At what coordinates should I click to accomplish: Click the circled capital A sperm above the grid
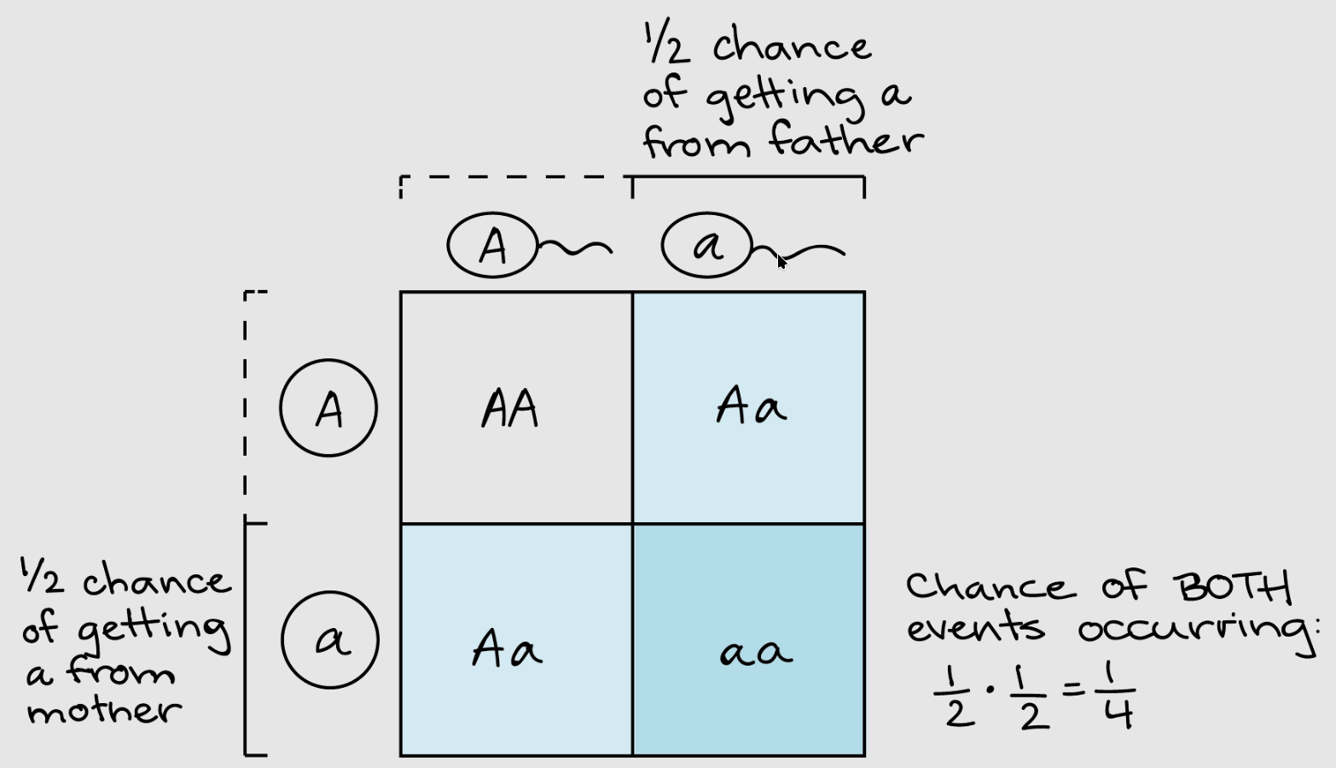(x=492, y=246)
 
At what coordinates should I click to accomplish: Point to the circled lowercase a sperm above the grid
(x=707, y=246)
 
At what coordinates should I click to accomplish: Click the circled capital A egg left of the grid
(x=328, y=408)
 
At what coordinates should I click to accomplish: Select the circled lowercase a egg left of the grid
(x=330, y=640)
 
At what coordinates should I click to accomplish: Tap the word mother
(x=104, y=710)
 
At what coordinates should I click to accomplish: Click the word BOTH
(x=1232, y=587)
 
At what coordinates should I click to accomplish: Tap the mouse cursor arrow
(x=781, y=261)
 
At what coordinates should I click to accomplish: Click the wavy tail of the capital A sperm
(x=576, y=248)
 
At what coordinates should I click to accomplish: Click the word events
(x=974, y=628)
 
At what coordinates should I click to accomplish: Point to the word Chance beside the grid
(x=985, y=587)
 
